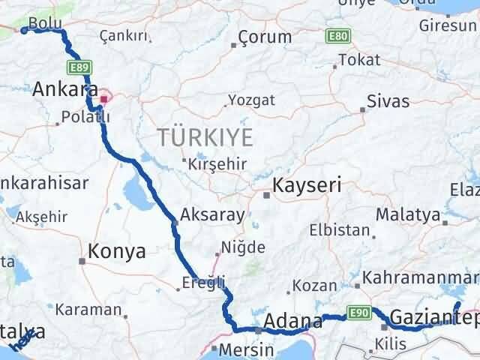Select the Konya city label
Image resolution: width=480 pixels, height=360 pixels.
pyautogui.click(x=117, y=252)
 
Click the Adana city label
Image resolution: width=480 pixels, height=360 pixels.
pyautogui.click(x=293, y=321)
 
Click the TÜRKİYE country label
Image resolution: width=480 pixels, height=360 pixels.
pyautogui.click(x=204, y=137)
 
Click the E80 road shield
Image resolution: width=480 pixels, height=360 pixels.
pyautogui.click(x=337, y=35)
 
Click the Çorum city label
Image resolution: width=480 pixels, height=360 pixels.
pyautogui.click(x=265, y=37)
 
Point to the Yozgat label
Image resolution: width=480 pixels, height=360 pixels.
pyautogui.click(x=251, y=100)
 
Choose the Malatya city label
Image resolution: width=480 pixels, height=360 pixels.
pyautogui.click(x=408, y=214)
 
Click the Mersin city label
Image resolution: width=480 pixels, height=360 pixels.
pyautogui.click(x=238, y=349)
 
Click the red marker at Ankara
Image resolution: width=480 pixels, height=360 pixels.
pyautogui.click(x=103, y=97)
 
